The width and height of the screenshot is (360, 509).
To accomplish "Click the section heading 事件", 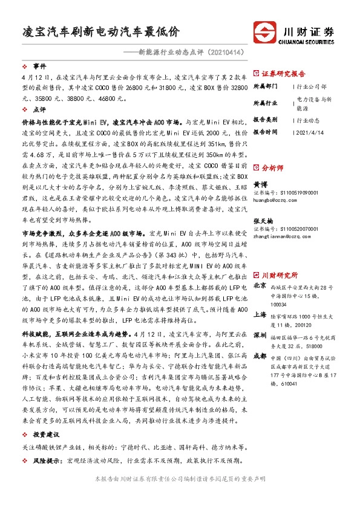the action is click(39, 66).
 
